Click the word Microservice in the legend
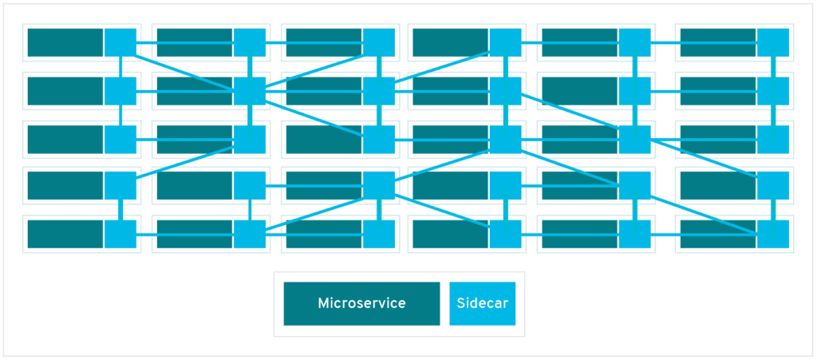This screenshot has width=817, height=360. (x=361, y=303)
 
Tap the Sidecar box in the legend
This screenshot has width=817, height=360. (x=482, y=303)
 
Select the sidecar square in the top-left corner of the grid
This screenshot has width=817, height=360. (x=120, y=42)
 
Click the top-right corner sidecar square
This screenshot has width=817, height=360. (x=772, y=42)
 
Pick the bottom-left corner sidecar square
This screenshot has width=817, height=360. (x=120, y=234)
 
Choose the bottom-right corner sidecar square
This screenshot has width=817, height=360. (x=772, y=234)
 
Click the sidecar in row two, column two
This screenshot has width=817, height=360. (x=250, y=90)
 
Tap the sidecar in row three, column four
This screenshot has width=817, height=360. (x=505, y=139)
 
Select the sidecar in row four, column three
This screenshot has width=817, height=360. (x=379, y=185)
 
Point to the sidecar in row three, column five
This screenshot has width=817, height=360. (x=634, y=139)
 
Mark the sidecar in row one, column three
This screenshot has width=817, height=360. (x=379, y=42)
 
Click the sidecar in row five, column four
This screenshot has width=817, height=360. (x=505, y=234)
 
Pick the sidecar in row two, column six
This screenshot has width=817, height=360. (x=772, y=90)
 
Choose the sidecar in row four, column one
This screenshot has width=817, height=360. (x=120, y=185)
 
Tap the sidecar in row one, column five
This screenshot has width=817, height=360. (x=634, y=42)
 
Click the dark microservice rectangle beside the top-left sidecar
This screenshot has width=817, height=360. (x=65, y=42)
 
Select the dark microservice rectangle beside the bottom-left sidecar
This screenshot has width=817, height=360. (x=65, y=234)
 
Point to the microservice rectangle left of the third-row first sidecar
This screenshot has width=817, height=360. (x=65, y=139)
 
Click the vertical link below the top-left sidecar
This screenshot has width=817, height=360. (x=120, y=66)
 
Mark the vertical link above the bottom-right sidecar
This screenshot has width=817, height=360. (x=772, y=210)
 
